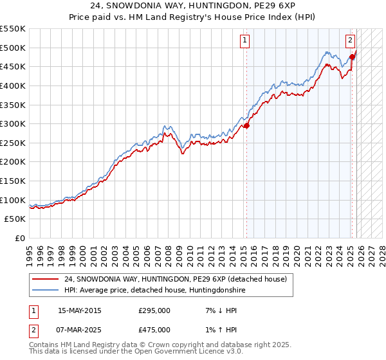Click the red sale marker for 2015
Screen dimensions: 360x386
246,125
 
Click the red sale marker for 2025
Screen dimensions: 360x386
352,57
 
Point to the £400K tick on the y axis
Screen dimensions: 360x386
13,85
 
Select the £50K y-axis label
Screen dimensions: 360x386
15,219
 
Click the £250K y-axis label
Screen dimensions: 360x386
13,143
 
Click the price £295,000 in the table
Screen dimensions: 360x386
154,310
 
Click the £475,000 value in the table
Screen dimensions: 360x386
154,329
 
